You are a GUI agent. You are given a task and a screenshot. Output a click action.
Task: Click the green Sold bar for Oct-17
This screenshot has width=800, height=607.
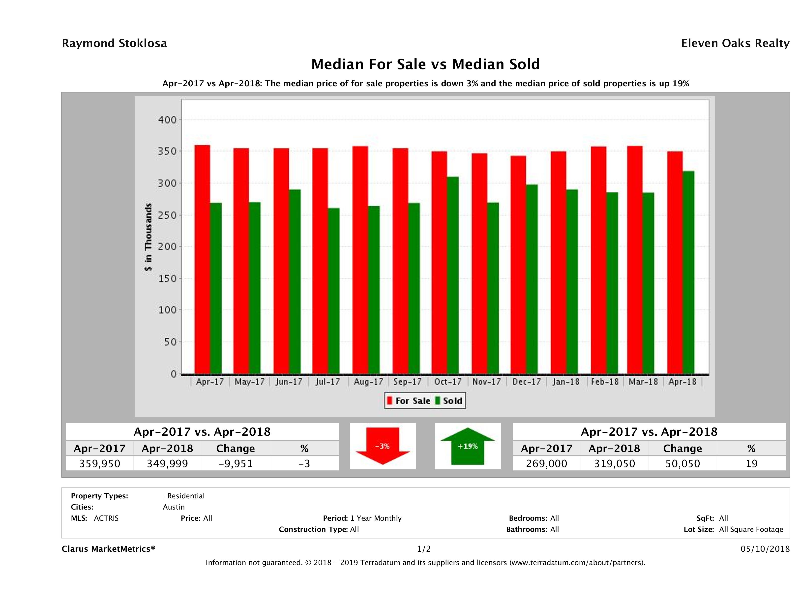click(x=452, y=275)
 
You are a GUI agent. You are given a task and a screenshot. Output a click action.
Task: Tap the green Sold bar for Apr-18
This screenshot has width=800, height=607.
click(x=688, y=272)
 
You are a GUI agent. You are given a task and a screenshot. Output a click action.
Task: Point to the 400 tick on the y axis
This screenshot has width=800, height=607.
click(x=167, y=120)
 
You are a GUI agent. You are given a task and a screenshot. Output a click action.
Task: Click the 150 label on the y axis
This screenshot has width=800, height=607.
click(x=167, y=278)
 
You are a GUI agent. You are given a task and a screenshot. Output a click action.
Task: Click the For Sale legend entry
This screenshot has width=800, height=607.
click(x=409, y=401)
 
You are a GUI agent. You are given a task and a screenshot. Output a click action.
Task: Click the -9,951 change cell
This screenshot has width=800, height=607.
click(x=236, y=463)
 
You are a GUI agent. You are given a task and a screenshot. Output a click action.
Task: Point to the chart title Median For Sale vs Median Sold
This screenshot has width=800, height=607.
click(x=425, y=64)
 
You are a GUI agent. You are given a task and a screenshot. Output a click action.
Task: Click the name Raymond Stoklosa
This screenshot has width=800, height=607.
click(x=114, y=43)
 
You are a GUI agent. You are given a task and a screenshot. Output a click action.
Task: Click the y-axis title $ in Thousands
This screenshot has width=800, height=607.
click(x=148, y=237)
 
